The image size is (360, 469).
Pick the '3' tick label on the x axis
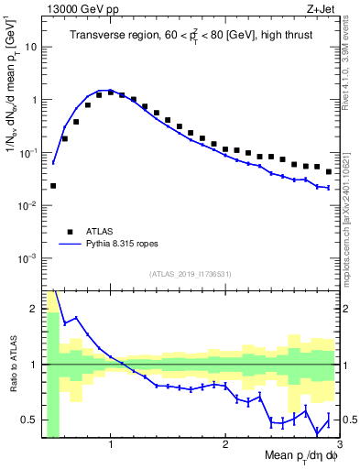click(338, 444)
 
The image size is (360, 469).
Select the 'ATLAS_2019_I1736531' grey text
click(189, 274)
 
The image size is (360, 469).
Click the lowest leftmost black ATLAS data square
click(53, 185)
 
